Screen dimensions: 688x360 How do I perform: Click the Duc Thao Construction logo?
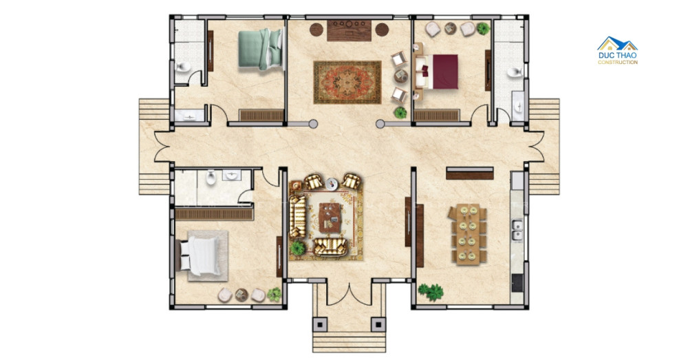pyautogui.click(x=617, y=50)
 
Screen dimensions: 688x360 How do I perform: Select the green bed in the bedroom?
pyautogui.click(x=260, y=49)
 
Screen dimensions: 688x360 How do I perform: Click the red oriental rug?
pyautogui.click(x=347, y=82)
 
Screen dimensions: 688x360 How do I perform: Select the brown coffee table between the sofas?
pyautogui.click(x=330, y=218)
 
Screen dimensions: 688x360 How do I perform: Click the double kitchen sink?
pyautogui.click(x=517, y=230)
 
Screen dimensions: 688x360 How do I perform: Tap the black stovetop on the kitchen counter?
pyautogui.click(x=517, y=283)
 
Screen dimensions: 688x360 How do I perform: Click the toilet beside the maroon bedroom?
pyautogui.click(x=515, y=72)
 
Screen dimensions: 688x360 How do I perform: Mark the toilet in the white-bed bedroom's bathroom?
pyautogui.click(x=211, y=177)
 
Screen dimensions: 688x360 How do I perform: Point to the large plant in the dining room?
pyautogui.click(x=431, y=292)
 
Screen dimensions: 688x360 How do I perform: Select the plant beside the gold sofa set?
pyautogui.click(x=297, y=248)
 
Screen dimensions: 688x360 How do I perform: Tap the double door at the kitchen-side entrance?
pyautogui.click(x=536, y=147)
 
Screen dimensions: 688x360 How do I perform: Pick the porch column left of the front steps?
pyautogui.click(x=319, y=324)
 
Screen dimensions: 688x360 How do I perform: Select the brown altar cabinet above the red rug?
pyautogui.click(x=350, y=30)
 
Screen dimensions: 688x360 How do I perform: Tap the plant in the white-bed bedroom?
pyautogui.click(x=275, y=294)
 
